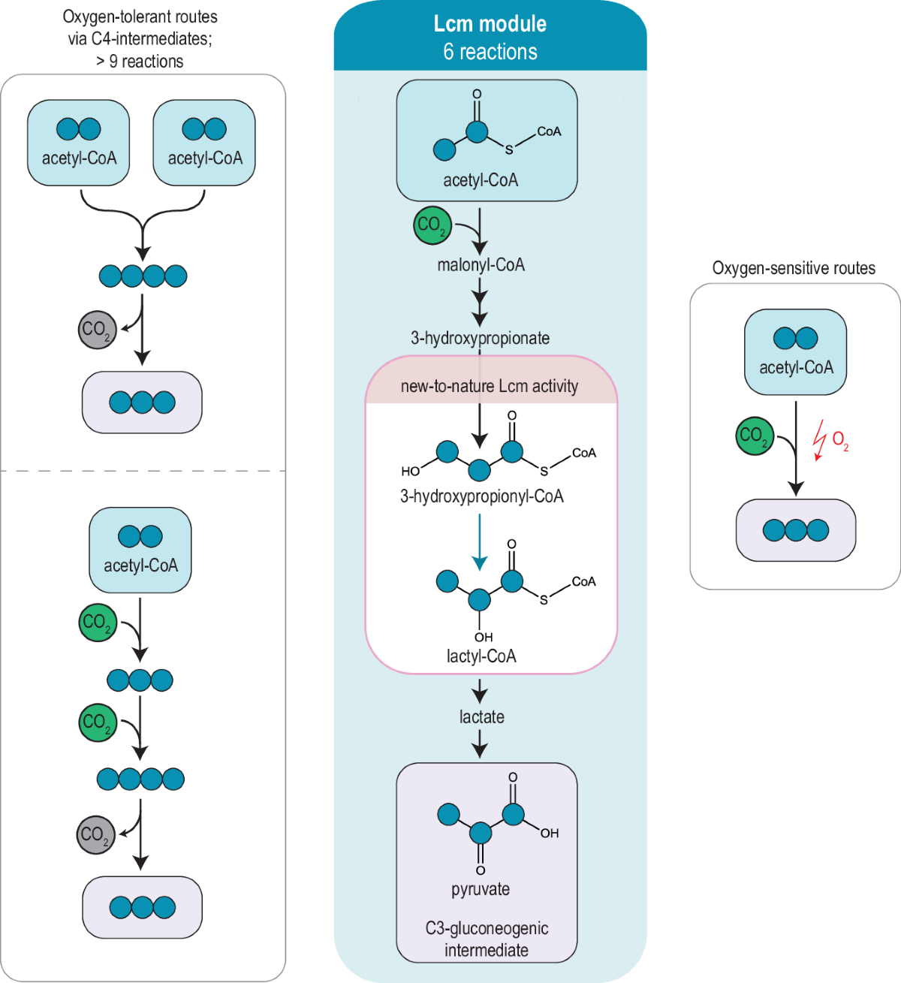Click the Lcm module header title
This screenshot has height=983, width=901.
[x=490, y=24]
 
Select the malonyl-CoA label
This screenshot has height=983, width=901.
[x=481, y=265]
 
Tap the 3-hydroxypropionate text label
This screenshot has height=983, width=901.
[x=480, y=338]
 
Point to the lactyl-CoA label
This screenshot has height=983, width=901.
[x=481, y=656]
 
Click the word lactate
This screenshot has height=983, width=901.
[x=481, y=717]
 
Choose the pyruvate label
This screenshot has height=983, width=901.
[x=481, y=889]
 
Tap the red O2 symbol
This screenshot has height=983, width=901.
[x=840, y=441]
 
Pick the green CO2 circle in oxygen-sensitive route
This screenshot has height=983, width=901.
[x=754, y=436]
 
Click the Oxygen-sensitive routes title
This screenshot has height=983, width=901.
[x=794, y=269]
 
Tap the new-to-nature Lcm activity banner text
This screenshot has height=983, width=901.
[x=490, y=387]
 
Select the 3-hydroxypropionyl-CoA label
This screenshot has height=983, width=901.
[x=481, y=496]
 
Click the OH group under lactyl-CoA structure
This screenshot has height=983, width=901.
[x=484, y=637]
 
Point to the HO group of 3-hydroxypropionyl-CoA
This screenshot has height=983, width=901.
[x=411, y=472]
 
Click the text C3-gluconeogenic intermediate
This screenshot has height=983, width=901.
[x=487, y=939]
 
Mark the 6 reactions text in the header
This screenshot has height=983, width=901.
[x=490, y=52]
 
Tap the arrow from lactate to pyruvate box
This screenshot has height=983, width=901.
[x=480, y=745]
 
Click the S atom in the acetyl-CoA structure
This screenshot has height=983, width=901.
[x=509, y=150]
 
